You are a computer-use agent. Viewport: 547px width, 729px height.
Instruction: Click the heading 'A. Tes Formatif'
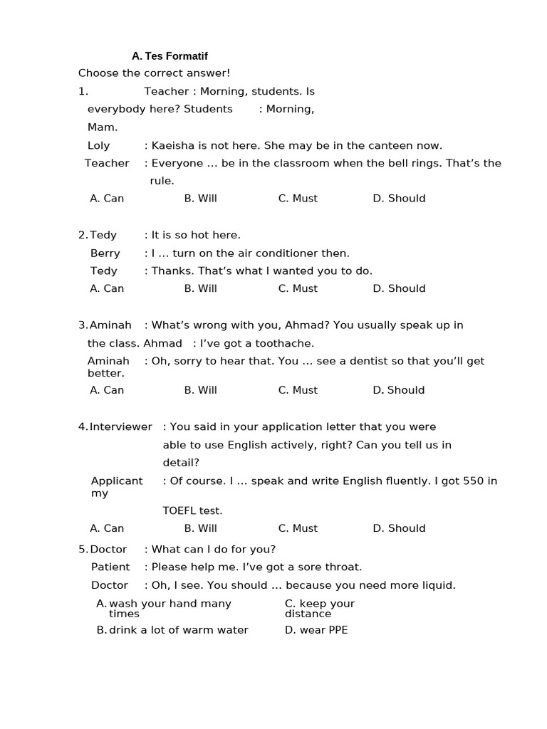(170, 56)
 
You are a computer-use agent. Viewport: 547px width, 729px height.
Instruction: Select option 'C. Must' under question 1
(298, 199)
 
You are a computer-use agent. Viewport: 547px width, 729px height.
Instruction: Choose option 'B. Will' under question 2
(200, 288)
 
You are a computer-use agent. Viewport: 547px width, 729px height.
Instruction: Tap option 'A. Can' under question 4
(107, 528)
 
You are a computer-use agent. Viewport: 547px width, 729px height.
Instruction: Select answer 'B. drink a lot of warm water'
(172, 630)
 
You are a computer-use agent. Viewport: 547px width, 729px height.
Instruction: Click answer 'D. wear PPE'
(316, 630)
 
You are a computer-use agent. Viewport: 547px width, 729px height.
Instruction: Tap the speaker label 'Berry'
(105, 253)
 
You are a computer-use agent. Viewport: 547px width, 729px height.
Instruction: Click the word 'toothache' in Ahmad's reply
(286, 343)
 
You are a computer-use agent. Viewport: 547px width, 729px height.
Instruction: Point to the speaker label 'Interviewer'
(120, 427)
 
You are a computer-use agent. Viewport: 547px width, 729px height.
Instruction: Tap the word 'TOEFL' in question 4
(179, 510)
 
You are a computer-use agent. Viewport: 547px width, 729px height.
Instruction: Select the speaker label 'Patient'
(110, 567)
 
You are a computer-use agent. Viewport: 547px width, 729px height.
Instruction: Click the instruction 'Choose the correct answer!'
(154, 73)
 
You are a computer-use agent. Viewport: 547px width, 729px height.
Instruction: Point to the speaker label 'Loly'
(98, 145)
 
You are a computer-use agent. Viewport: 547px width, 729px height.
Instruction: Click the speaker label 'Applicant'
(117, 481)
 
